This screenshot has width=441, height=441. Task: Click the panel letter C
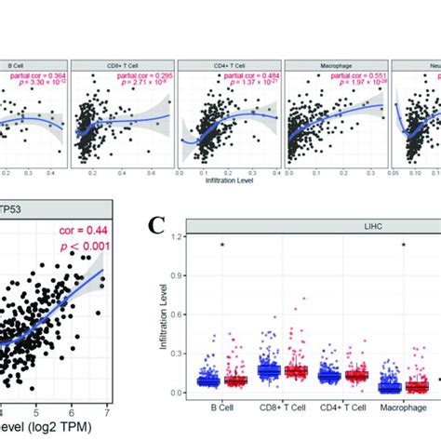coord(155,224)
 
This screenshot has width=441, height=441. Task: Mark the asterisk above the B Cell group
coord(223,245)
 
